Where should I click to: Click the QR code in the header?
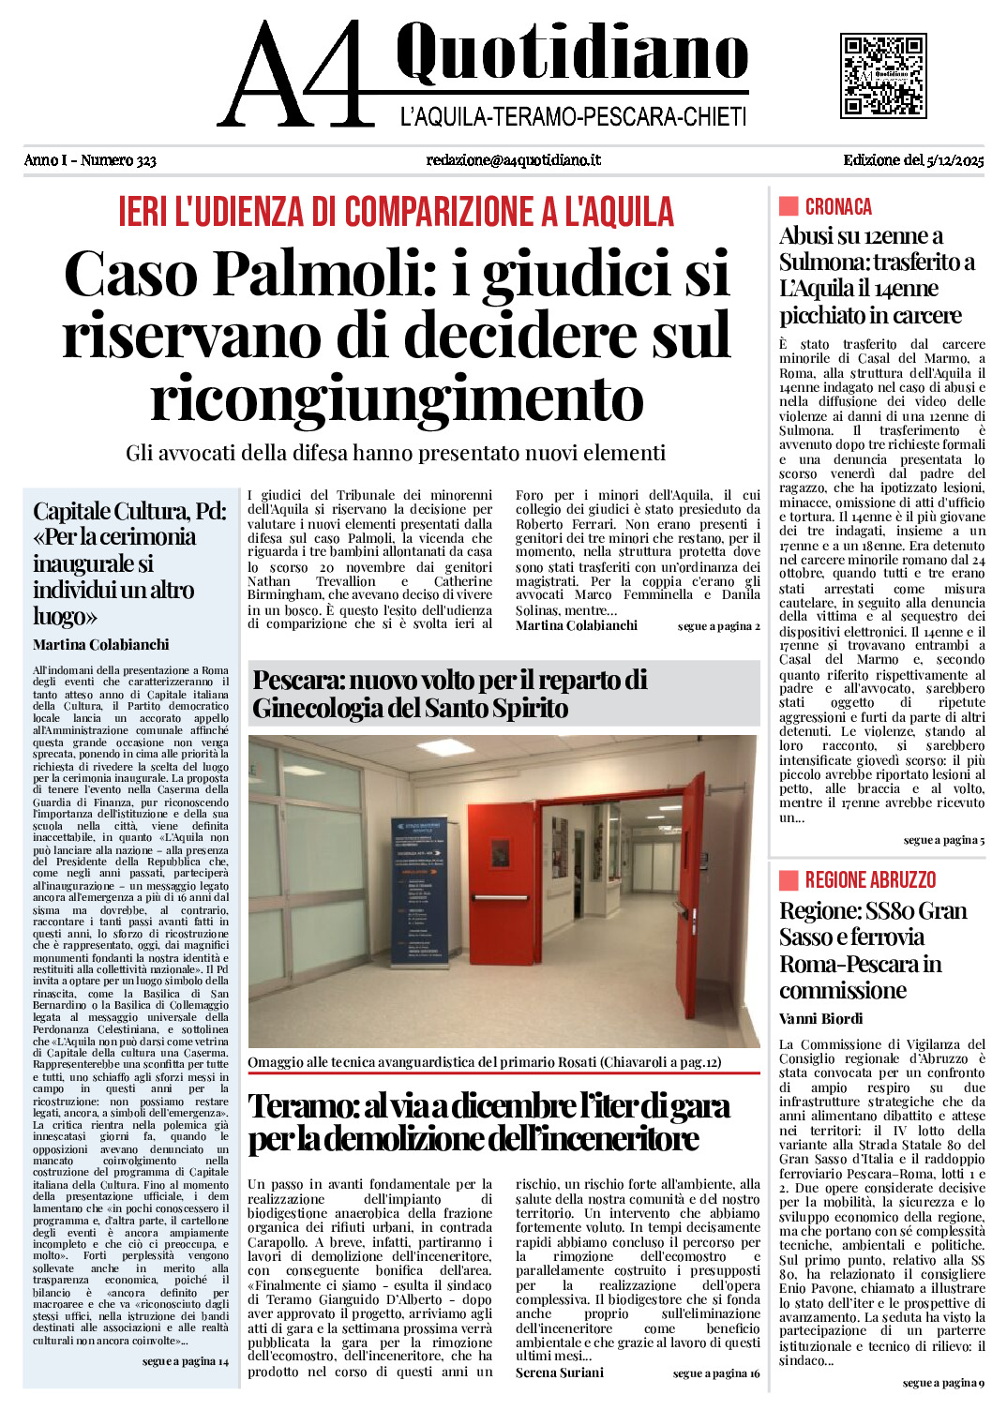click(883, 75)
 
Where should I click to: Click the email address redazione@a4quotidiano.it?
click(513, 160)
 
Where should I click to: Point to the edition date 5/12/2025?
click(954, 160)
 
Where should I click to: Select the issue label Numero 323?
click(118, 160)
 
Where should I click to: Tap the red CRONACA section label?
click(837, 207)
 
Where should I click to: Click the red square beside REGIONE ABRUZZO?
click(789, 879)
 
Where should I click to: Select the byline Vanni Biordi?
click(820, 1019)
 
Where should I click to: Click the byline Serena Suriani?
click(559, 1372)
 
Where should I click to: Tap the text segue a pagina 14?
click(185, 1361)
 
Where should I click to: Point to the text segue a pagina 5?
click(943, 840)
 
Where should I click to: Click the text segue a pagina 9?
click(943, 1383)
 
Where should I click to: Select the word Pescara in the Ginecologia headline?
click(297, 680)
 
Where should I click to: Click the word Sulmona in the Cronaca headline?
click(822, 262)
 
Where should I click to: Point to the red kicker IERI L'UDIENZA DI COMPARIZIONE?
click(396, 213)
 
